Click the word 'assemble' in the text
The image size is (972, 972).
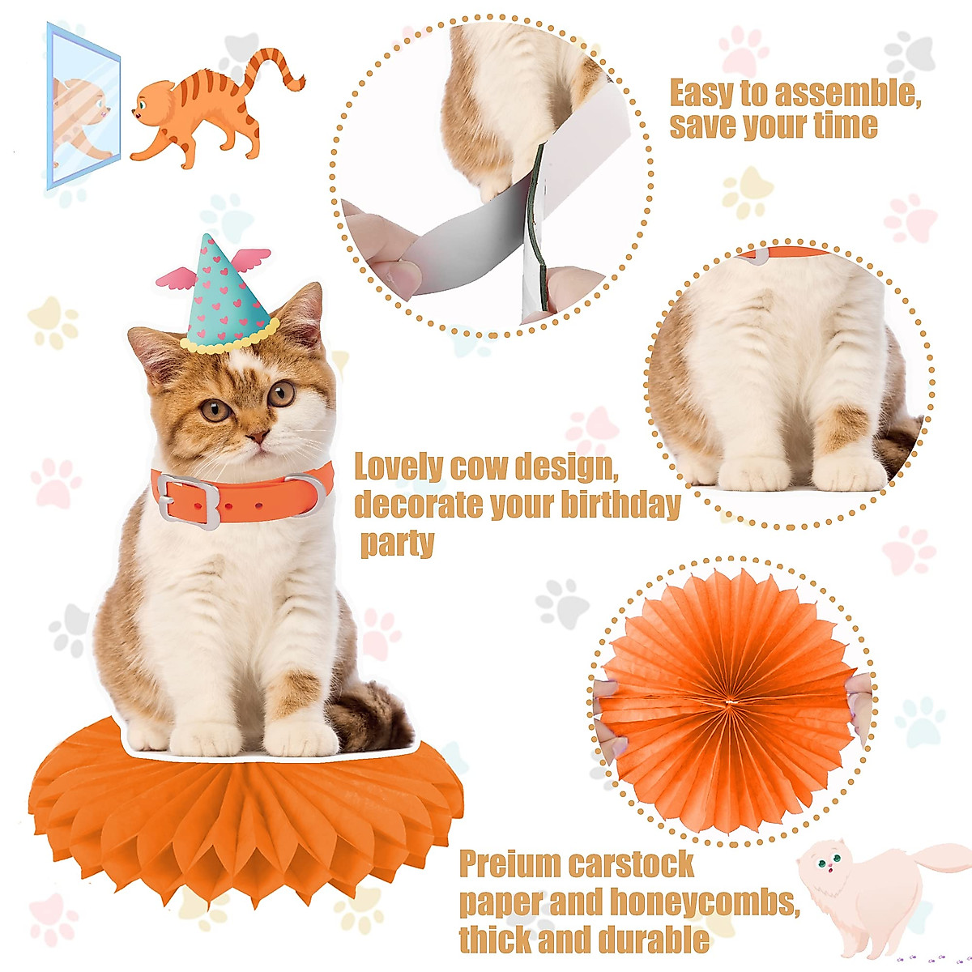point(846,95)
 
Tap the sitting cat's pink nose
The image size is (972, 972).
point(258,437)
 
